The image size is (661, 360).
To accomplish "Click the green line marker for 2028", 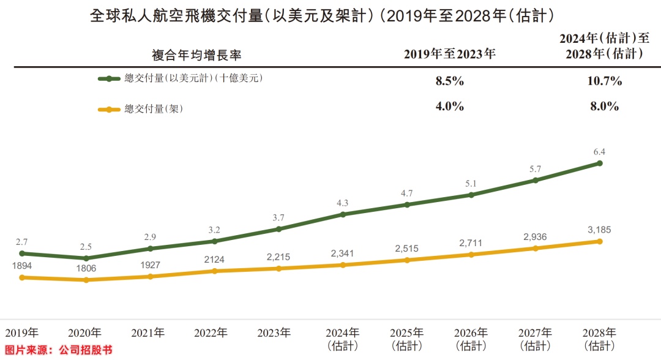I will (600, 163).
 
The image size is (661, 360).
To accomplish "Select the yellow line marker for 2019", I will (22, 277).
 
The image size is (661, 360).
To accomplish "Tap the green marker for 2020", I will (86, 258).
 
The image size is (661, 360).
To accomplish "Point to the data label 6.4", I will (600, 152).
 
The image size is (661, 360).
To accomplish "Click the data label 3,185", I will (600, 230).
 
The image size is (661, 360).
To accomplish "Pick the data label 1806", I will (86, 268).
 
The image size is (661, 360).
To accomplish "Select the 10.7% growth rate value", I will (605, 81).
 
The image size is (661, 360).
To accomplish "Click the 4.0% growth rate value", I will (449, 107).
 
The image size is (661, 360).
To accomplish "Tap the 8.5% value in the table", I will (449, 81).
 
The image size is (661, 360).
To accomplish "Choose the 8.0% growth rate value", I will (605, 107).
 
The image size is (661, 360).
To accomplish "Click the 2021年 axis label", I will (148, 334).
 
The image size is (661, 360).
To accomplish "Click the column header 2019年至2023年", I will (449, 54).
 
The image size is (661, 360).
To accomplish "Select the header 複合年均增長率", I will (197, 54).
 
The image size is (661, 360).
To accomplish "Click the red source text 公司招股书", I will (86, 351).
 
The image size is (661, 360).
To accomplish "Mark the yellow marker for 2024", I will (343, 265).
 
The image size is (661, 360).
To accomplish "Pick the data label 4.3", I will (343, 203).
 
